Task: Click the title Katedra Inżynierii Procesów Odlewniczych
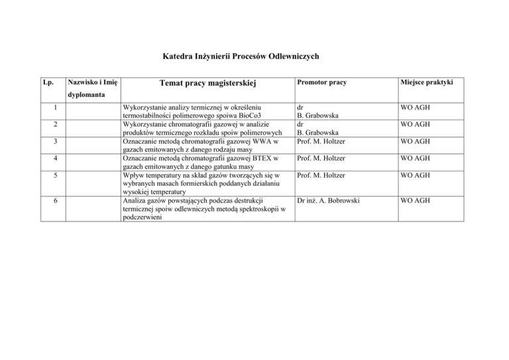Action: (x=254, y=58)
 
